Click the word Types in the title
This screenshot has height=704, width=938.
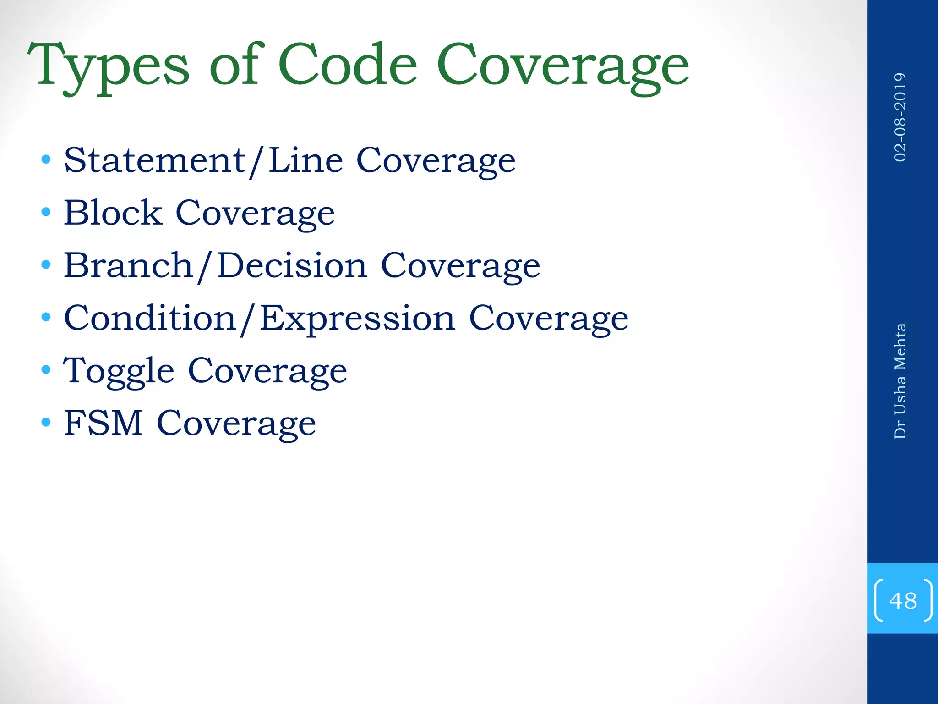point(108,66)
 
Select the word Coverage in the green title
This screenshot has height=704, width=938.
point(562,66)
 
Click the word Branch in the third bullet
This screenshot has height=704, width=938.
point(128,265)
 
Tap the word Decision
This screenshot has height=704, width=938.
point(292,265)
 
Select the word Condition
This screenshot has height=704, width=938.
point(150,318)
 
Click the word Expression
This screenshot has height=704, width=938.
point(358,319)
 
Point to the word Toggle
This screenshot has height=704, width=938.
point(119,371)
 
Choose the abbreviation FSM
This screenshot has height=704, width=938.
point(103,423)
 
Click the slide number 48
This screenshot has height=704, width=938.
point(903,600)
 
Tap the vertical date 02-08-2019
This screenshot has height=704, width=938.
point(900,117)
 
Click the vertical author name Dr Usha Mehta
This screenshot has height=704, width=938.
point(900,381)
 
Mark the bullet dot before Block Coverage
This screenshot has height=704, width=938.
point(46,212)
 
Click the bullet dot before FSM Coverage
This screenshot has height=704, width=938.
point(46,422)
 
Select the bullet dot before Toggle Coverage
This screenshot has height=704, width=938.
point(46,369)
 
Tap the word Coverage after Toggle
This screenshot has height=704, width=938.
point(267,371)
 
